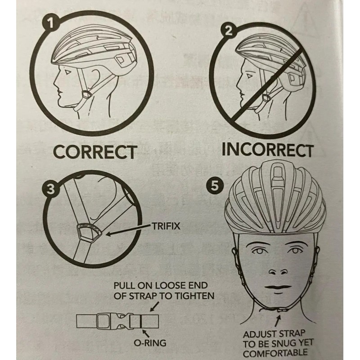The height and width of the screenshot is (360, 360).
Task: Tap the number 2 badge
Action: click(x=228, y=31)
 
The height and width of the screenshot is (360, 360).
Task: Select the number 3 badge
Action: click(x=51, y=189)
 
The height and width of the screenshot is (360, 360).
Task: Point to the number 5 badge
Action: click(x=215, y=186)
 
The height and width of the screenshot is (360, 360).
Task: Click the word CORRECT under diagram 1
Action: click(x=95, y=152)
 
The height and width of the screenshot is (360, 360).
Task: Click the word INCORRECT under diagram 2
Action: click(x=267, y=150)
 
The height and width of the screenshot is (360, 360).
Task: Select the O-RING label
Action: click(x=150, y=343)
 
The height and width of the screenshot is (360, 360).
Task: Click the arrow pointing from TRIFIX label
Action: click(x=129, y=230)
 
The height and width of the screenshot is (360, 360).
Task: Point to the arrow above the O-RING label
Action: click(x=145, y=333)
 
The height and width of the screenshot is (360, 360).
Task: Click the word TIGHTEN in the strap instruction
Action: click(x=194, y=296)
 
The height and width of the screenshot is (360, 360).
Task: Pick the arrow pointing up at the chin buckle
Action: click(x=278, y=320)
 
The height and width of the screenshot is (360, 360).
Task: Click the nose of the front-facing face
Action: click(x=278, y=272)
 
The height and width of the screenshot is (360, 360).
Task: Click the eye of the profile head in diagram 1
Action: click(x=67, y=72)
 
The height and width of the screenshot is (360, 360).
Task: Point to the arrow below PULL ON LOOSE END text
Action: click(x=154, y=306)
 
